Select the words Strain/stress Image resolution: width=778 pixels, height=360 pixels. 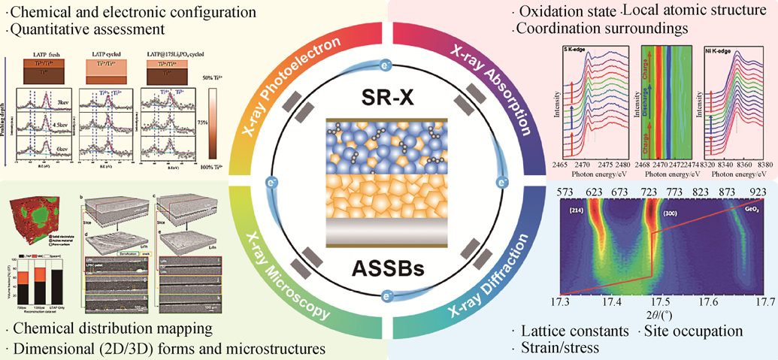(557, 347)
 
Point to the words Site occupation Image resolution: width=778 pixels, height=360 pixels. (692, 331)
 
